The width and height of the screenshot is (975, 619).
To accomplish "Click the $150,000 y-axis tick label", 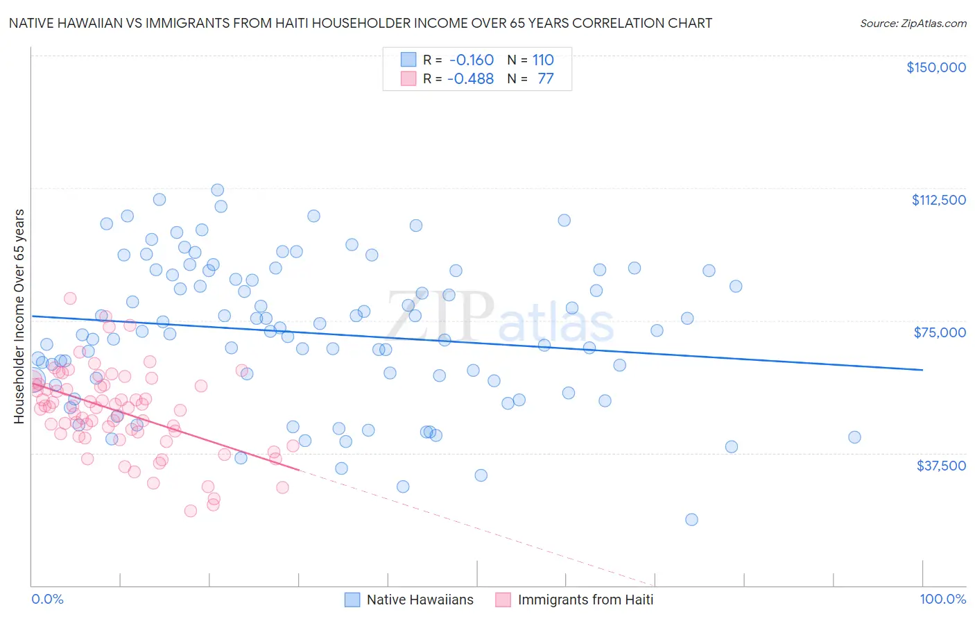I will pos(935,67).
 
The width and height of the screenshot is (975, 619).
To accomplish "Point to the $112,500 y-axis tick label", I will pos(938,200).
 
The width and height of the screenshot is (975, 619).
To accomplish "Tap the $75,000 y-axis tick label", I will pos(939,332).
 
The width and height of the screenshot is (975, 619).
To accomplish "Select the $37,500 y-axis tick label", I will pos(940,465).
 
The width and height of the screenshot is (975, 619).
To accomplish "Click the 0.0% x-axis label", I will pos(47,599).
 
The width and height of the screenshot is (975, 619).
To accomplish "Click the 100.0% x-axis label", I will pos(942,599).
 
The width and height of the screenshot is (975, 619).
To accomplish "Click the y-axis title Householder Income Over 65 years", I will pos(19,316).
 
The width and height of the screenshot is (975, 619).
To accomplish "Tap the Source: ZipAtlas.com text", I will pos(913,23).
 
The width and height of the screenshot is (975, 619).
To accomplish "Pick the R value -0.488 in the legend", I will pos(470,78).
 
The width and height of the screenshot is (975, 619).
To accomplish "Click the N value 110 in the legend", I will pos(543,60).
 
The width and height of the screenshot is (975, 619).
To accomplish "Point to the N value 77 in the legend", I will pos(546,78).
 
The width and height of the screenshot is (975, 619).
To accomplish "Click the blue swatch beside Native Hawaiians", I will pos(352,600).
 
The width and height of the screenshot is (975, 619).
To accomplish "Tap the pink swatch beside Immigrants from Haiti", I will pos(503,600).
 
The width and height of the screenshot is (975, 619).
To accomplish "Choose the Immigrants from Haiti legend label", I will pos(585,600).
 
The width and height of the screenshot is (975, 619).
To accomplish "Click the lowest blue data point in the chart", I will pos(691,520).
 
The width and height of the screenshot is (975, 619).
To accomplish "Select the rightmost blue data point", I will pos(854,437).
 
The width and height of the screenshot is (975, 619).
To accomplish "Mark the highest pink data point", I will pos(70,298).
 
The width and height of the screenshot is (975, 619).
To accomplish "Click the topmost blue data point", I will pos(217,190).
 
